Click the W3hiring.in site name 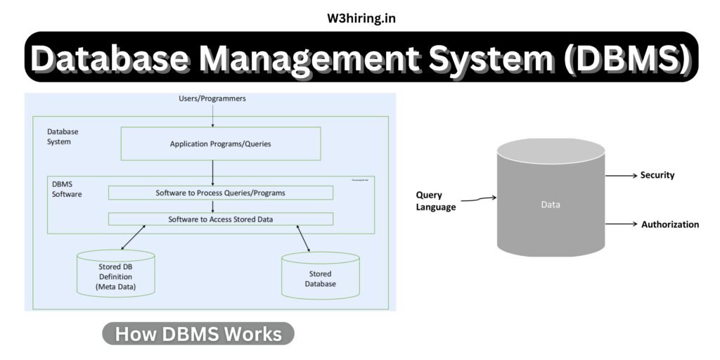360,18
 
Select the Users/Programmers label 212,98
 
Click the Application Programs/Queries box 221,143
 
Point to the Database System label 63,136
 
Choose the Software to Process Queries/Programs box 221,192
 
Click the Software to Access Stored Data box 221,219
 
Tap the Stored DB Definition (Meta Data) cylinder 115,274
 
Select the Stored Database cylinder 321,278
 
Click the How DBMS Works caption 198,334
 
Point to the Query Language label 436,201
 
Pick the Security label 657,175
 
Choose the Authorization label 670,224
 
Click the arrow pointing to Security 620,175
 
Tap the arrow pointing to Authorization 620,224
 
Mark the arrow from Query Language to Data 478,199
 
